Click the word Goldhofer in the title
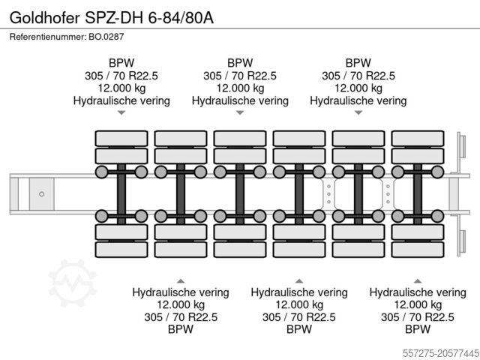coord(45,18)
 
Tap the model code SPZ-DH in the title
coord(114,18)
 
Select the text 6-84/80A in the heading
coord(181,18)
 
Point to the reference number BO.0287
coord(106,37)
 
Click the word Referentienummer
coord(48,37)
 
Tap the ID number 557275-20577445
coord(440,353)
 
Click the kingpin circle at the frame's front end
coord(42,194)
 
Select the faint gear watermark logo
coord(72,283)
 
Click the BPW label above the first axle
coord(121,63)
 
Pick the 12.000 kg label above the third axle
coord(240,88)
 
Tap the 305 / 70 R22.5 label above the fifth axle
coord(358,76)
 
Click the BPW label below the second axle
coord(181,329)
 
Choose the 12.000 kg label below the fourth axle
coord(299,304)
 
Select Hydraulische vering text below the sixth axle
coord(418,292)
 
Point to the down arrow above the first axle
coord(121,112)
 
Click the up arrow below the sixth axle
coord(418,280)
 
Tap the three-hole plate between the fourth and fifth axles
coord(328,194)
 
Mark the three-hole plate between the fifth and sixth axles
coord(388,194)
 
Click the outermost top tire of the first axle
coord(121,138)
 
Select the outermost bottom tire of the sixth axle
coord(418,250)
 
